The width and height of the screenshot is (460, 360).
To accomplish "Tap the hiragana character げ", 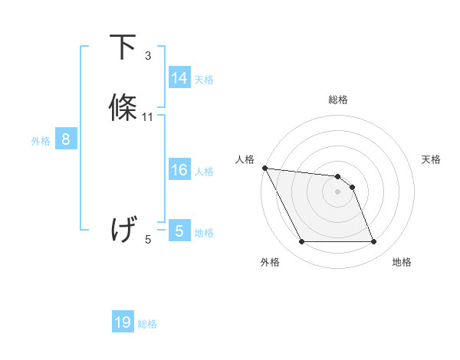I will (124, 229).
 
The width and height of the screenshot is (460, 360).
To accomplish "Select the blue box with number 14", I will (179, 78).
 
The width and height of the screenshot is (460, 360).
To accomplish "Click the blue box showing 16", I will (179, 170).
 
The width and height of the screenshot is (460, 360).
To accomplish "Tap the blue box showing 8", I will (66, 139).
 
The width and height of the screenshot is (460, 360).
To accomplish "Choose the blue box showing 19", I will (123, 322).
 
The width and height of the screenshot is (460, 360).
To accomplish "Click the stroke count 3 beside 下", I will (148, 56).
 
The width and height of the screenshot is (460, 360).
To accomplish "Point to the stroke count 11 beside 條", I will (148, 117).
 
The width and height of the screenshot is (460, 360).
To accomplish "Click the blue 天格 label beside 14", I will (204, 80).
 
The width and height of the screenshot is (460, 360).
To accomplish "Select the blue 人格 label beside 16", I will (204, 172).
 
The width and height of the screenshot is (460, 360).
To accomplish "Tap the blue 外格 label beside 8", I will (41, 141).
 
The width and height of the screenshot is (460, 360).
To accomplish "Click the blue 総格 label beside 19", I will (147, 324).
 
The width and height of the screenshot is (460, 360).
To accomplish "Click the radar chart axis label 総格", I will (337, 100).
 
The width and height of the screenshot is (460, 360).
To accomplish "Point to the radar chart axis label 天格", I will (431, 159).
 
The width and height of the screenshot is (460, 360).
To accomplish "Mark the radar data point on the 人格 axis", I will (264, 168).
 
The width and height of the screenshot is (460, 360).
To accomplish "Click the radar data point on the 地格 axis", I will (374, 242).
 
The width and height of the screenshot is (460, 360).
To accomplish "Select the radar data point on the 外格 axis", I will (301, 242).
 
